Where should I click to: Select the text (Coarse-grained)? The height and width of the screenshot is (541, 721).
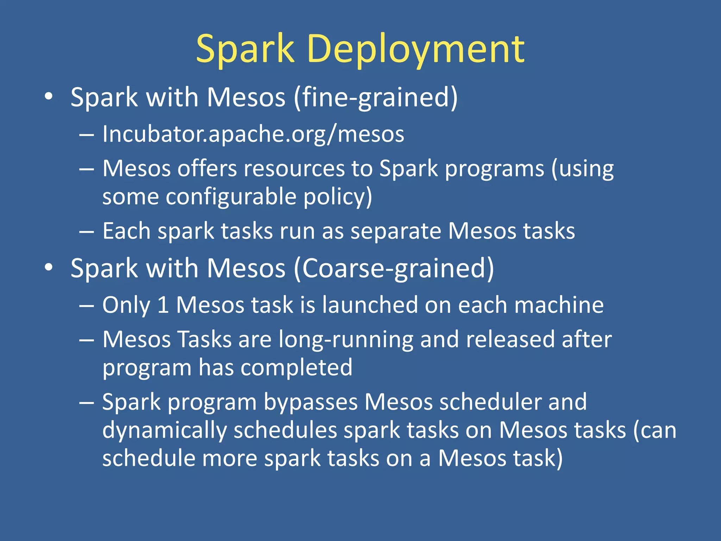[394, 268]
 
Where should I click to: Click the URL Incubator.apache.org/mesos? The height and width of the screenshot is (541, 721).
[253, 134]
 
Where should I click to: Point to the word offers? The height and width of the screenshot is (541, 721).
[207, 168]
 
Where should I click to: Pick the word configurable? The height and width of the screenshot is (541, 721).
[231, 197]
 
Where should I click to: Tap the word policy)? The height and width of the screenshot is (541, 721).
[338, 197]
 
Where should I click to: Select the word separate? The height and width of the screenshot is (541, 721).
[396, 231]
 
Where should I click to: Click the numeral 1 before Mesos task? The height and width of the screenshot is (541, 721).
[163, 305]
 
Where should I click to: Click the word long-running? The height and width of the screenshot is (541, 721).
[346, 340]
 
